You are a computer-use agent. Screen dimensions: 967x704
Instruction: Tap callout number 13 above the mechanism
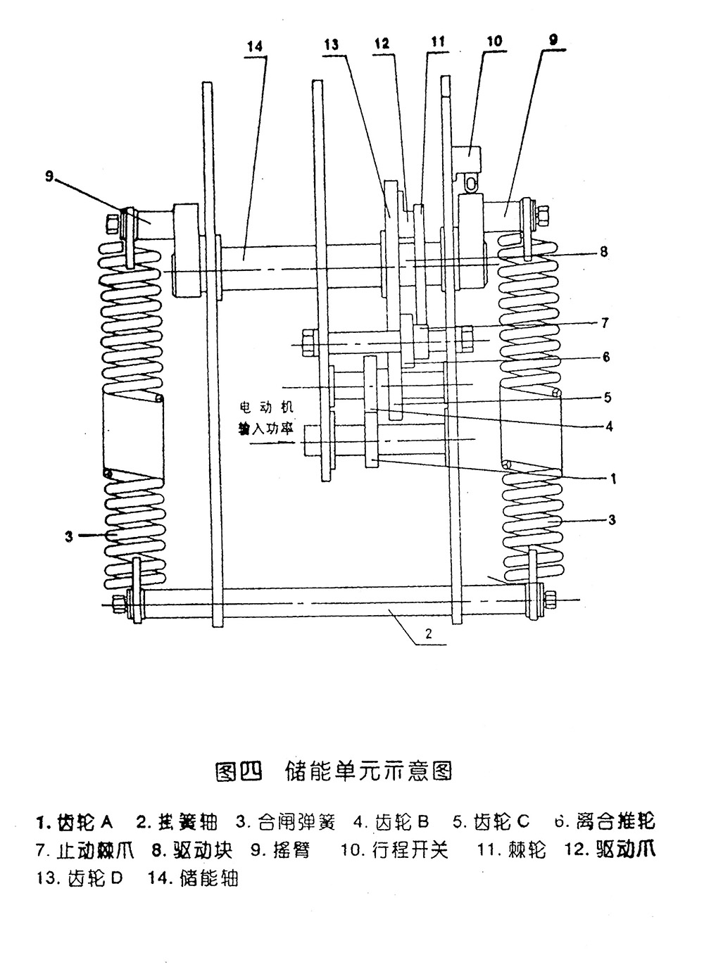coord(332,44)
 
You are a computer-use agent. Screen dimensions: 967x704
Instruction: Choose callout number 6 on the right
coord(605,357)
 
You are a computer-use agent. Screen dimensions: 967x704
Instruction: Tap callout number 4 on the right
coord(609,426)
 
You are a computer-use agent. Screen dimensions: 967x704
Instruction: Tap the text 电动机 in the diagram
coord(265,407)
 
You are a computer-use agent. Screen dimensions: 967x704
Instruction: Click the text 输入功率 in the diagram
coord(265,429)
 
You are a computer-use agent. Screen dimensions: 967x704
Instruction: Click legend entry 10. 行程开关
coord(394,850)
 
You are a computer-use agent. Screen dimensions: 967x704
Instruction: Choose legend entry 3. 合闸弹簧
coord(286,821)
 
